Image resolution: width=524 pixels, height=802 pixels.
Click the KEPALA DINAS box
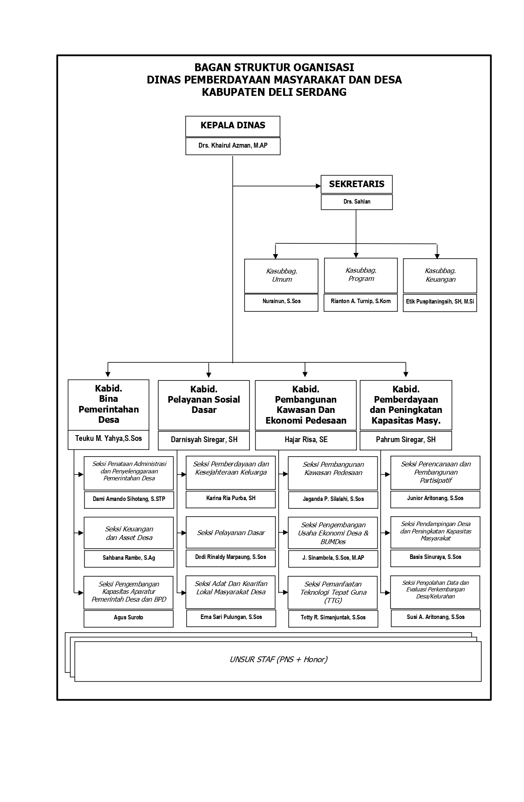pos(233,126)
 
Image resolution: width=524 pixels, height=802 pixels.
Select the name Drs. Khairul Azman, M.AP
pos(233,146)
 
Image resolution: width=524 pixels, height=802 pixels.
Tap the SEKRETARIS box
pos(357,184)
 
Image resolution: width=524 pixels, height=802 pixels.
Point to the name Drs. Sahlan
pos(357,202)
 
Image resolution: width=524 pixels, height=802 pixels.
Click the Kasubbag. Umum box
pos(281,276)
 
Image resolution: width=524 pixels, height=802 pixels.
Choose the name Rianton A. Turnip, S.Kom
pos(360,301)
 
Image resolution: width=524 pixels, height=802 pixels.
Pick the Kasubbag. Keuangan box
pos(440,276)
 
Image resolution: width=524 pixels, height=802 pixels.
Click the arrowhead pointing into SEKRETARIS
pos(318,186)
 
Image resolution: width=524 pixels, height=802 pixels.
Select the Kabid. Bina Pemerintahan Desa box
pos(108,405)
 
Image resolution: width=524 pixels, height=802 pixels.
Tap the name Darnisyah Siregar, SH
pos(204,440)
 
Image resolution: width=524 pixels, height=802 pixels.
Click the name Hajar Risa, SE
pos(306,440)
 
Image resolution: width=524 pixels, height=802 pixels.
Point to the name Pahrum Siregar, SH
pos(406,440)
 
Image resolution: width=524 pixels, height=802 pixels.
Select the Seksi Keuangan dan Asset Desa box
pos(129,533)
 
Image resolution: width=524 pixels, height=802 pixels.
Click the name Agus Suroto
pos(128,617)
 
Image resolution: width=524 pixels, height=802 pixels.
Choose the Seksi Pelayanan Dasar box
pos(231,533)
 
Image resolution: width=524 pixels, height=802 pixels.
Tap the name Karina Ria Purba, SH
pos(231,498)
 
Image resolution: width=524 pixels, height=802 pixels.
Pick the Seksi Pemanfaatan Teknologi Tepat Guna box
pos(332,593)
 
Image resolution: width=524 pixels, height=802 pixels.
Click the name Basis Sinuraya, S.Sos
pos(435,557)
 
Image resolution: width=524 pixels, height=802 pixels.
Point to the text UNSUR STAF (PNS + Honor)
pos(278,660)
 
